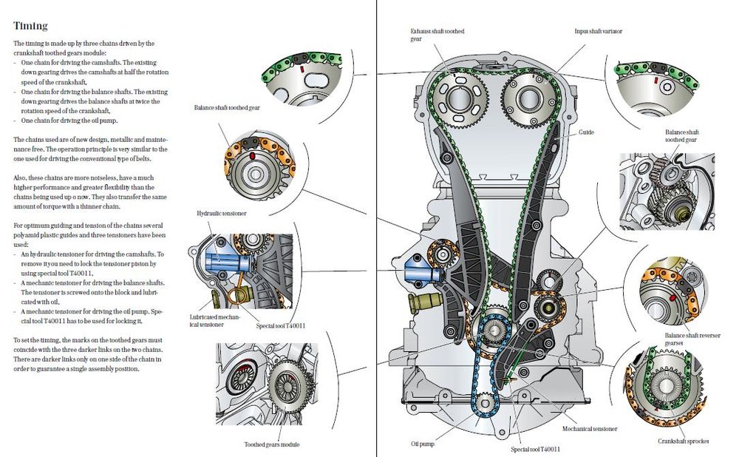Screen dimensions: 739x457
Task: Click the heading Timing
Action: coord(30,25)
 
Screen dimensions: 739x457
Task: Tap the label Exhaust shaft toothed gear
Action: coord(437,35)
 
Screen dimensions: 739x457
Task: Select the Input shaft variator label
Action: coord(598,31)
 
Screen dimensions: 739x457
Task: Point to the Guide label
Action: coord(586,132)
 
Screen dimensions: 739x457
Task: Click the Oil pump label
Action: coord(422,444)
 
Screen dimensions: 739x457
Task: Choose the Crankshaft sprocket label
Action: coord(683,441)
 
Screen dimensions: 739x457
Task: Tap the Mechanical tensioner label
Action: coord(589,429)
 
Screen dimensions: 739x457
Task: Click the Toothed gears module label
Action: coord(271,444)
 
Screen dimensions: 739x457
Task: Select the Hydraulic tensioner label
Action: coord(221,213)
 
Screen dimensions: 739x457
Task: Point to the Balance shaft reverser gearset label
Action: coord(692,339)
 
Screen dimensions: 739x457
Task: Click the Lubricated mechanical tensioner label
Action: coord(214,321)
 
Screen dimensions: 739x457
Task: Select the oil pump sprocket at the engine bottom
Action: coord(486,404)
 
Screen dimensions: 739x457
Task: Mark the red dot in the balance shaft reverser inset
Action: coord(672,298)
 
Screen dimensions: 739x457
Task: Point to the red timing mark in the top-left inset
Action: coord(302,70)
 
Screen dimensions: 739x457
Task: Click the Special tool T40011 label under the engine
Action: coord(535,449)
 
